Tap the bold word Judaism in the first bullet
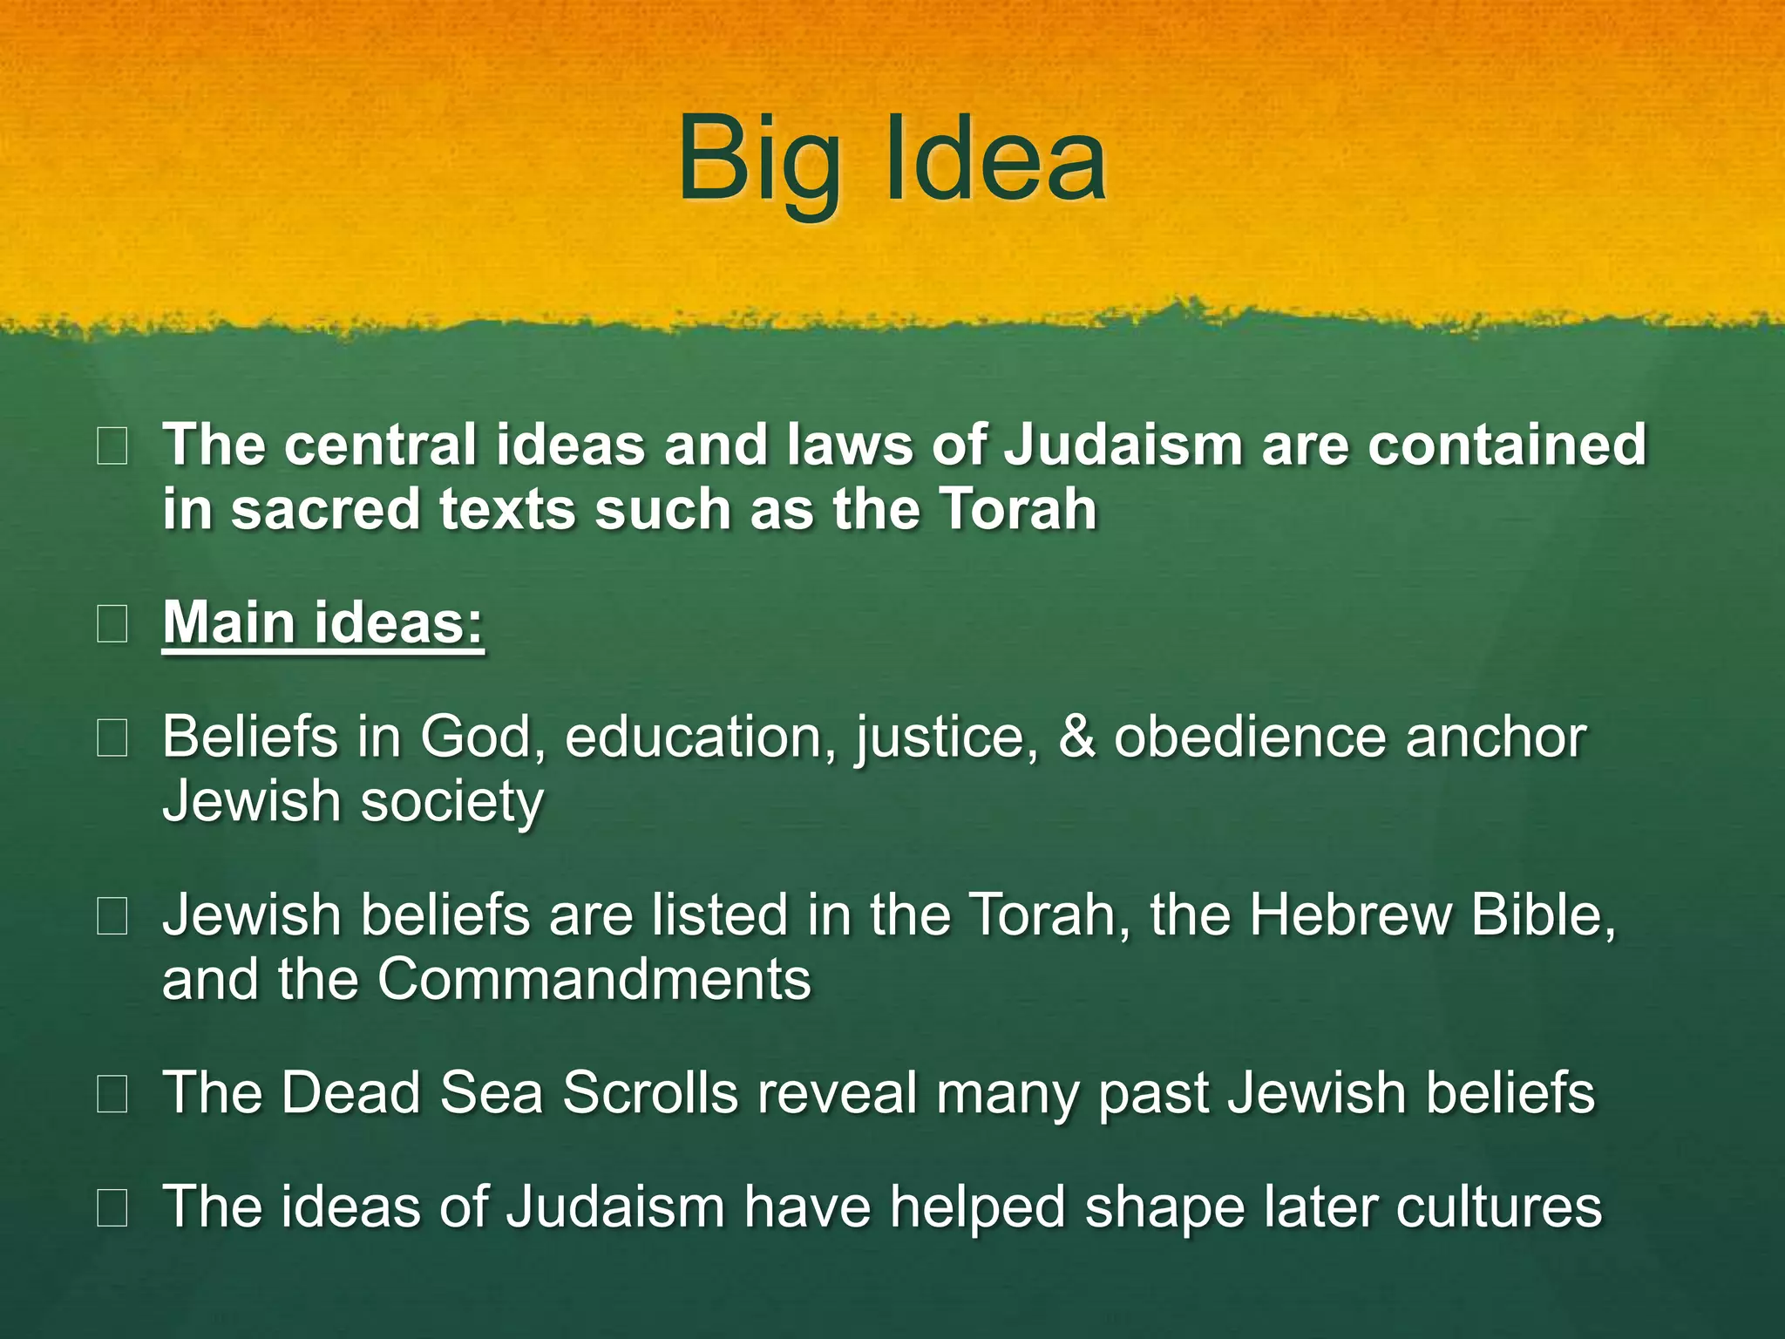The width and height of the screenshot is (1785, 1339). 1123,445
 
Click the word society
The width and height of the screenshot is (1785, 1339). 451,802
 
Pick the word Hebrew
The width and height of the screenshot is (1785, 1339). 1351,915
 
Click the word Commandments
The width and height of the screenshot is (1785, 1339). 594,980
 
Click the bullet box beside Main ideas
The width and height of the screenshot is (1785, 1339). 112,624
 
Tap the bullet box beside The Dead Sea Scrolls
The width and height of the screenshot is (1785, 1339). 112,1094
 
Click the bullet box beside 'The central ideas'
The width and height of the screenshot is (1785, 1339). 112,446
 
